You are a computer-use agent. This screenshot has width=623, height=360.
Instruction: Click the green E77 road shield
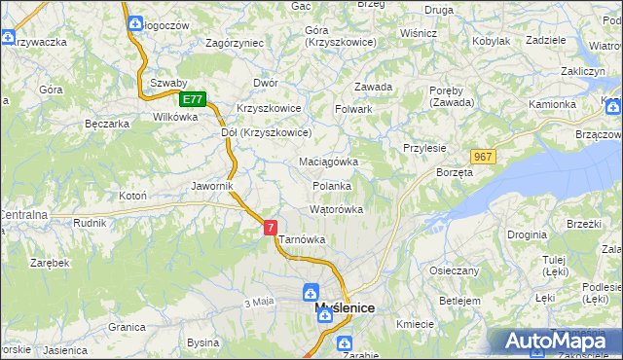[x=193, y=99]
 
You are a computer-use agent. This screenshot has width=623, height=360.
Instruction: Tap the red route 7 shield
[x=270, y=227]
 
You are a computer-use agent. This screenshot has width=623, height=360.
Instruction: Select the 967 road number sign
[x=483, y=157]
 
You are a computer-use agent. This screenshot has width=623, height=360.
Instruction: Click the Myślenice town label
[x=346, y=308]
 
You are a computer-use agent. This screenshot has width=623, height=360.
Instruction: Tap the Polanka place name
[x=331, y=185]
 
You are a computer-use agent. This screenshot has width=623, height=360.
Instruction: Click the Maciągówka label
[x=328, y=162]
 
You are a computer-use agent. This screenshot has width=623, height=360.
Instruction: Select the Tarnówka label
[x=302, y=239]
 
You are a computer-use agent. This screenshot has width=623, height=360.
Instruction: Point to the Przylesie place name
[x=424, y=148]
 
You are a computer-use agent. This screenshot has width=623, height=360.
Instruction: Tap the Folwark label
[x=354, y=109]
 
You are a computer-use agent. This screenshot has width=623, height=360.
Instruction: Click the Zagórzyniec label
[x=235, y=43]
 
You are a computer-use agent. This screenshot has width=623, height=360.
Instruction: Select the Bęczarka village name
[x=107, y=124]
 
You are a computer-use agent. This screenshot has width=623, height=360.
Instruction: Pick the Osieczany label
[x=453, y=270]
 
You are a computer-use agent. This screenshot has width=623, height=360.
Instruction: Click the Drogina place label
[x=526, y=234]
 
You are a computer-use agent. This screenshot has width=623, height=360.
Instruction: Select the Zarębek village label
[x=49, y=263]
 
